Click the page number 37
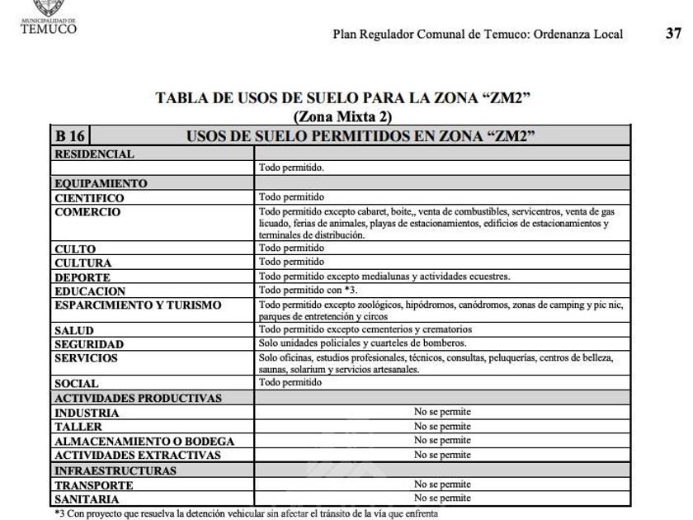[x=673, y=34]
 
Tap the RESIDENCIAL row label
[x=93, y=154]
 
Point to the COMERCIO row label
[x=87, y=212]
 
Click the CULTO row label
[x=75, y=248]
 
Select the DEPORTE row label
[x=82, y=277]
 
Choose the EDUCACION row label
[x=90, y=291]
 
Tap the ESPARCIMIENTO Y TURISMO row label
[x=138, y=305]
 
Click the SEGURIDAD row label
[x=89, y=344]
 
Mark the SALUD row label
[x=74, y=330]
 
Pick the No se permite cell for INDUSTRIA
[x=442, y=412]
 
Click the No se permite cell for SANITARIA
[x=442, y=498]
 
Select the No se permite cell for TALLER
[x=442, y=427]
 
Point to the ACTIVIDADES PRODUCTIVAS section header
[x=138, y=399]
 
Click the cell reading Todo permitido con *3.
[x=297, y=291]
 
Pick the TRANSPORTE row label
[x=92, y=485]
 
